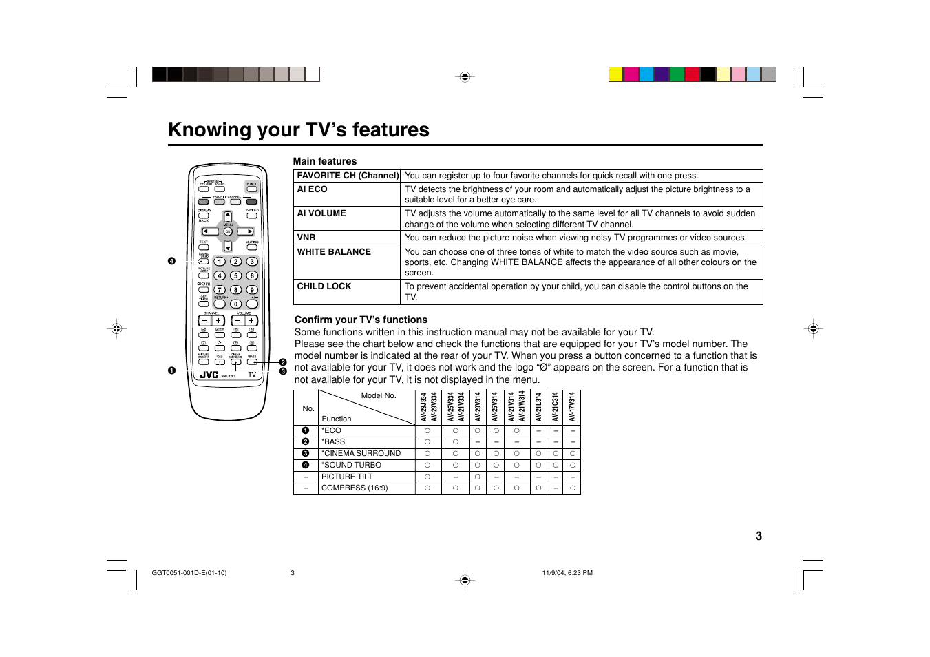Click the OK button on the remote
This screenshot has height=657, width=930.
(228, 231)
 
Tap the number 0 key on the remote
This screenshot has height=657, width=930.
(235, 304)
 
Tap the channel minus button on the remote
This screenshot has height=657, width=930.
(204, 321)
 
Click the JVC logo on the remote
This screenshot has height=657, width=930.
(209, 375)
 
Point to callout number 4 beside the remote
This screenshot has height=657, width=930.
(171, 261)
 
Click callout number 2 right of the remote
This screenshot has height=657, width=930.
(282, 362)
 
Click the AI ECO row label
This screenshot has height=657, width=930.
(312, 189)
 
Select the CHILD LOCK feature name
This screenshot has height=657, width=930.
(324, 286)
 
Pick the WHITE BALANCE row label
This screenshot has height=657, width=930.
(334, 252)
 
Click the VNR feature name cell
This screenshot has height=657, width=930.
(306, 238)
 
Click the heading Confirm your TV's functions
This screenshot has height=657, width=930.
(361, 320)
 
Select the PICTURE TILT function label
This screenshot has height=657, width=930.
(347, 477)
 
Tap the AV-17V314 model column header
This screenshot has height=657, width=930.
(572, 407)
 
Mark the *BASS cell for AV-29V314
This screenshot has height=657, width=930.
(477, 442)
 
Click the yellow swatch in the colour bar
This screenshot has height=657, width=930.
(615, 74)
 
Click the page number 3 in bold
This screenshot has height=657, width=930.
(759, 536)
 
